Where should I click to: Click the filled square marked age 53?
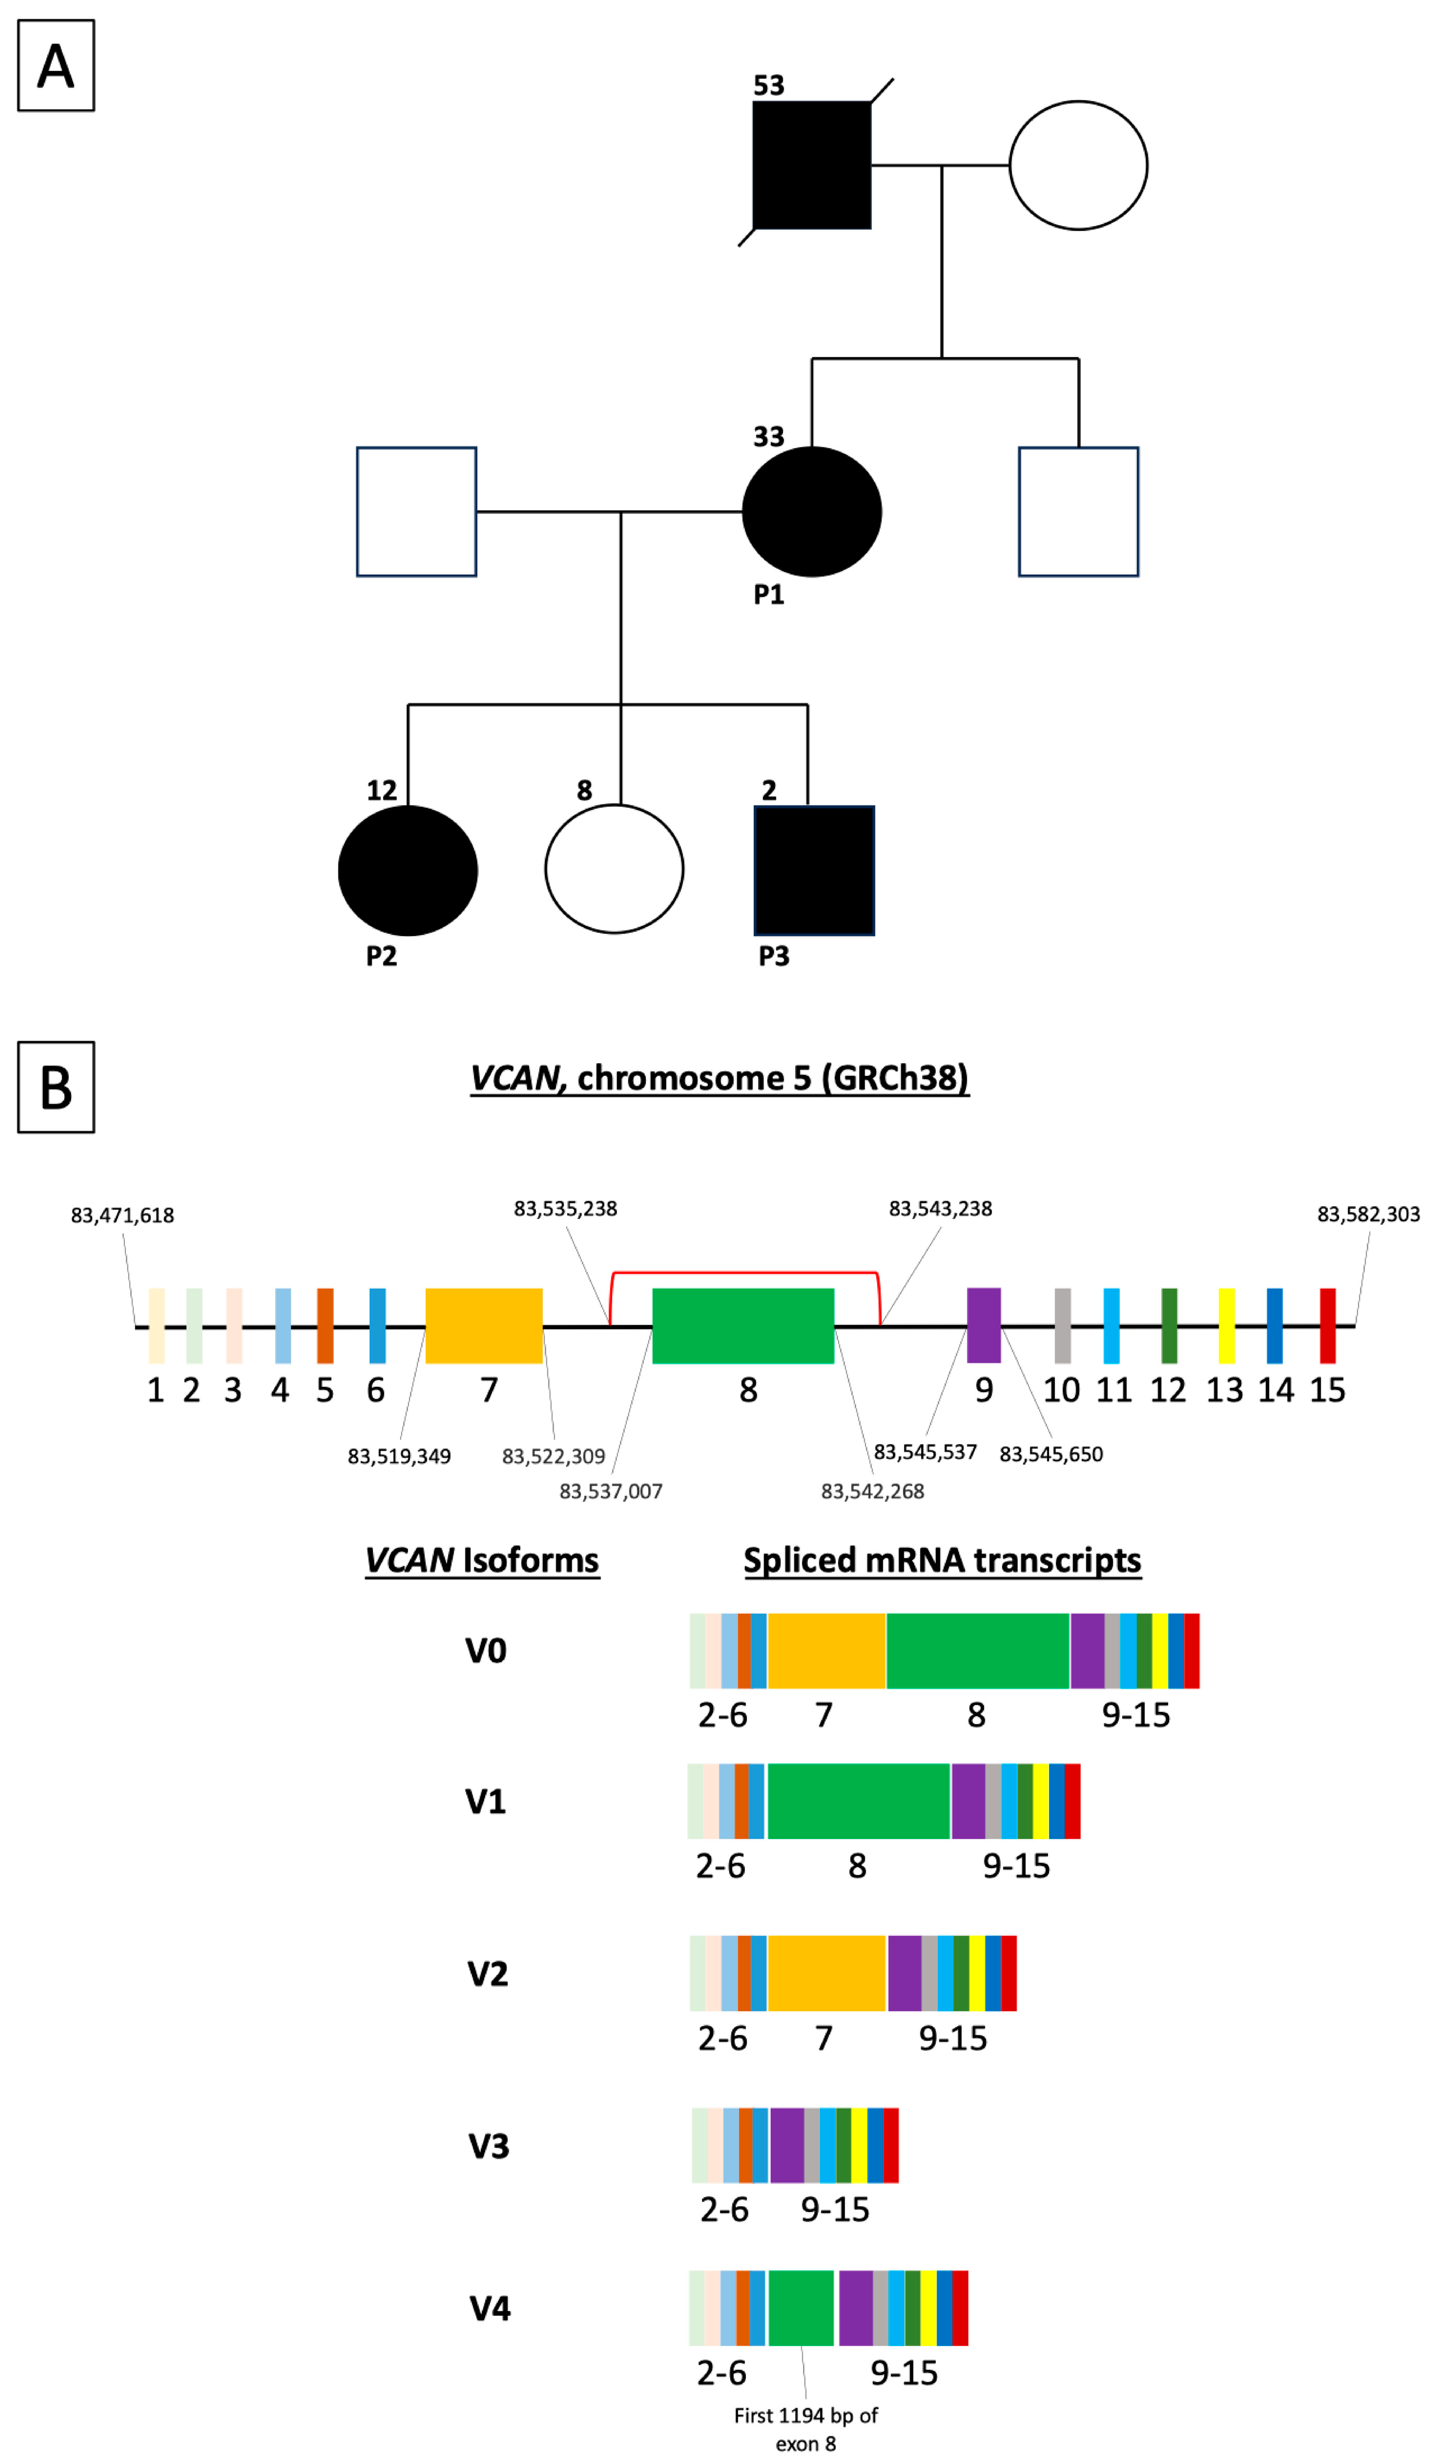click(x=811, y=165)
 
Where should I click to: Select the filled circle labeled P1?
click(x=811, y=512)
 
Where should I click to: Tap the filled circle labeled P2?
click(x=407, y=870)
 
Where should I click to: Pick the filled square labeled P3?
click(x=814, y=870)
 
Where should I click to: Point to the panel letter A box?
click(x=56, y=65)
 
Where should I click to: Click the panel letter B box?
click(x=56, y=1087)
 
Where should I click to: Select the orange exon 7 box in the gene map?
click(x=484, y=1325)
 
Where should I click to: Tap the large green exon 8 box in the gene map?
click(x=743, y=1325)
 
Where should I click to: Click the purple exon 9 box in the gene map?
click(x=983, y=1325)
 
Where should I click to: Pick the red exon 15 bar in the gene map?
click(x=1326, y=1325)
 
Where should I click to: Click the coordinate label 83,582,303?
click(x=1368, y=1214)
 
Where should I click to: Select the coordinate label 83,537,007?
click(x=610, y=1491)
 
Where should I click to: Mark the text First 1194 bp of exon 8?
click(x=806, y=2429)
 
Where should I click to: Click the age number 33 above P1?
click(x=768, y=437)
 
